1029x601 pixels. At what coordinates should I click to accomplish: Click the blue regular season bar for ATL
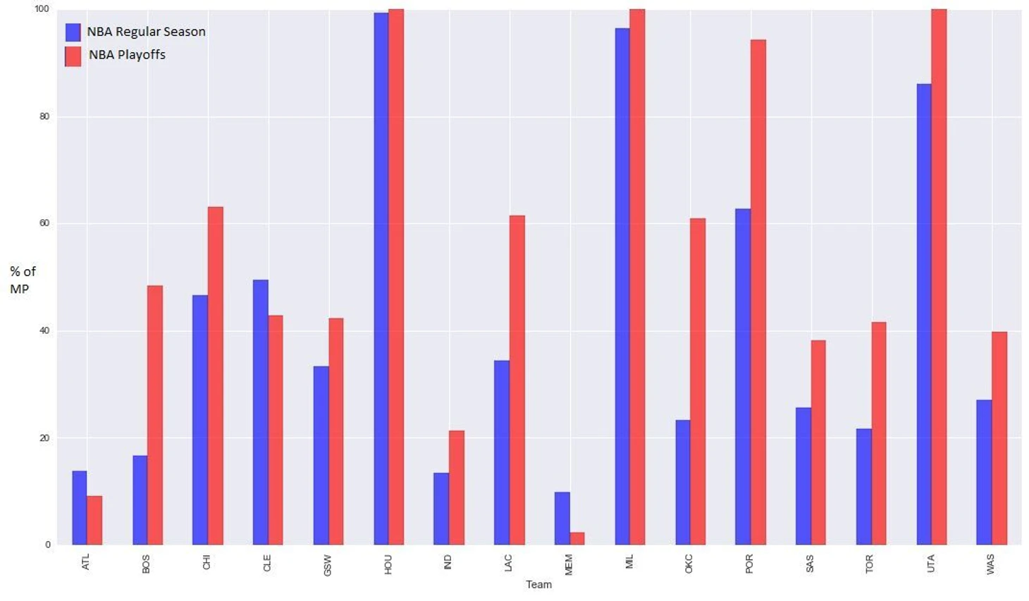click(x=79, y=507)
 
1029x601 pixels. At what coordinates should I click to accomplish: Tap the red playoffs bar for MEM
click(x=577, y=538)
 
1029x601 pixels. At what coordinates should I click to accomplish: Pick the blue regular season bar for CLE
click(x=260, y=412)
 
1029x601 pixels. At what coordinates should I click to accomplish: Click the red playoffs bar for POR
click(x=758, y=292)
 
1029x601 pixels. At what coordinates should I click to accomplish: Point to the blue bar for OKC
click(x=682, y=482)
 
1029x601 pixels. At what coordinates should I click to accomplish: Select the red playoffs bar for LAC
click(x=517, y=380)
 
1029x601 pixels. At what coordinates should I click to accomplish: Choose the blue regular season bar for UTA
click(x=923, y=314)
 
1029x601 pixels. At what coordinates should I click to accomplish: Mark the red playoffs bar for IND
click(x=457, y=488)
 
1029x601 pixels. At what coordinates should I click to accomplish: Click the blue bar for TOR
click(x=863, y=486)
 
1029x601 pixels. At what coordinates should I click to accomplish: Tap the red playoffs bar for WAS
click(x=999, y=438)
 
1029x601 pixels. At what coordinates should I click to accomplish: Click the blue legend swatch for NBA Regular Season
click(x=73, y=32)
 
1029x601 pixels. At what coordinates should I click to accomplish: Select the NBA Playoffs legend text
click(x=127, y=55)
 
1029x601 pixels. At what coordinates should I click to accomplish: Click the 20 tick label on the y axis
click(x=45, y=438)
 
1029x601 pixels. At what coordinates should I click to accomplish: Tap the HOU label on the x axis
click(x=388, y=564)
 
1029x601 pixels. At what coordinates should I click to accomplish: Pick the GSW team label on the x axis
click(x=328, y=565)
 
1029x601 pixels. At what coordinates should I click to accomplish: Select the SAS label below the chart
click(x=809, y=564)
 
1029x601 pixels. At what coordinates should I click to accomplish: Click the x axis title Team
click(x=538, y=584)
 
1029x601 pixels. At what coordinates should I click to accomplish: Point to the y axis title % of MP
click(x=23, y=280)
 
